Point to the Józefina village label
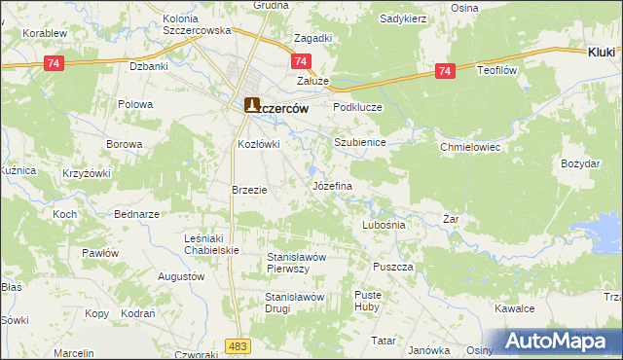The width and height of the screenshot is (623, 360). tap(331, 184)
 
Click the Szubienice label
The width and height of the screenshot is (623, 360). tap(360, 142)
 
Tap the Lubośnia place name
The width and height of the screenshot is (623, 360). tap(383, 224)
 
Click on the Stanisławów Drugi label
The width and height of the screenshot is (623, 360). tap(294, 302)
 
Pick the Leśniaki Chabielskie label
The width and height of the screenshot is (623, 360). tap(212, 243)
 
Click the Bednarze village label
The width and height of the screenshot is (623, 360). tap(136, 213)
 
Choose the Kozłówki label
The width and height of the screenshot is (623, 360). tap(259, 144)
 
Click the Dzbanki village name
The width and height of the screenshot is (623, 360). tap(150, 67)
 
